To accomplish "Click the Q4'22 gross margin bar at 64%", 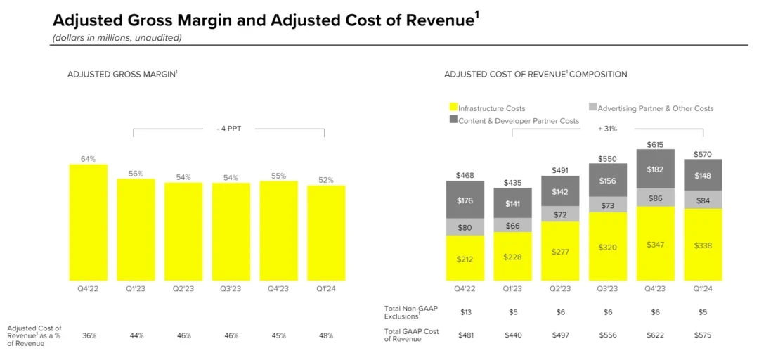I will tap(88, 222).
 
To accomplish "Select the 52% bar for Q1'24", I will tap(326, 233).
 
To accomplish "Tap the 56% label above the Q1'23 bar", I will tap(136, 173).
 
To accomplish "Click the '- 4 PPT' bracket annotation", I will tap(229, 129).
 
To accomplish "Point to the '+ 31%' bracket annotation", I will tap(607, 129).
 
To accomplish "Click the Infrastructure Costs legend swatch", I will tap(453, 108).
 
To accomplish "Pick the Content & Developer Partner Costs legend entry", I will tap(519, 120).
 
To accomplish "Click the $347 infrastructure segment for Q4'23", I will tap(655, 244).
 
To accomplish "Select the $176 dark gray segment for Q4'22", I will tap(465, 200).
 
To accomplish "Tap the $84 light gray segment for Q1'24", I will tap(703, 200).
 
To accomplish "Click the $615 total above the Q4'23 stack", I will tap(655, 143).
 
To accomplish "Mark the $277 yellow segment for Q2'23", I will tap(560, 252).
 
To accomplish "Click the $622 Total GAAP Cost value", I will tap(655, 335).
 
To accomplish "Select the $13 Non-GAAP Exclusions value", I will tap(465, 312).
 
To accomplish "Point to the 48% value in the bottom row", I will tap(326, 335).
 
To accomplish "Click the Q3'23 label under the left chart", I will tap(231, 288).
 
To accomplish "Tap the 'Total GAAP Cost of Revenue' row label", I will tap(411, 335).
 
